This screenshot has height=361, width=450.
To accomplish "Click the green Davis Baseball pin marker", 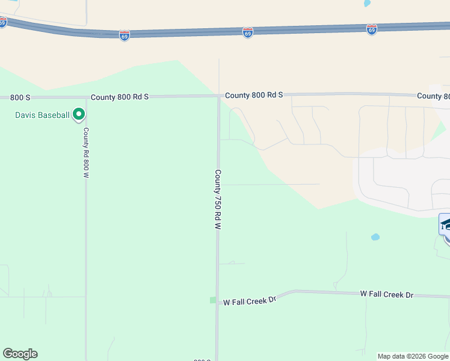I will (x=78, y=114).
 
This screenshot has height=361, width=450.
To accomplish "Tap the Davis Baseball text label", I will (x=42, y=115).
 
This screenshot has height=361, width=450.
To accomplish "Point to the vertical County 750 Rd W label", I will (x=218, y=199).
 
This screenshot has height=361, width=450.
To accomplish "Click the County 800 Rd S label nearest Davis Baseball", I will (x=120, y=96).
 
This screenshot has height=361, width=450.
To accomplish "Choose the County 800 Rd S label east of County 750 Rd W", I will (x=253, y=95).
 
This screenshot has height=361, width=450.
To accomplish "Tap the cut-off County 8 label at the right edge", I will (x=433, y=96).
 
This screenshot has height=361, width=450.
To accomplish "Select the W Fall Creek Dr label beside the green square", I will (x=249, y=299).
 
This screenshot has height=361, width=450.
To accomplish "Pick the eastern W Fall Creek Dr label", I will (x=387, y=294).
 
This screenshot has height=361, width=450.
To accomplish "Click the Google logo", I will (x=20, y=354).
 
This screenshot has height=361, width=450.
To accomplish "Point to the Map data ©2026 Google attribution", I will (x=413, y=356).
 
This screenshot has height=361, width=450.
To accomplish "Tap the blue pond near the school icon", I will (x=375, y=237).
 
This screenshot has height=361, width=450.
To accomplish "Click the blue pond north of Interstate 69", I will (x=367, y=3).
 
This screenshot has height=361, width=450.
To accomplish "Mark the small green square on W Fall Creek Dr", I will (x=212, y=300).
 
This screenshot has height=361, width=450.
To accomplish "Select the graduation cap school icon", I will (x=445, y=224).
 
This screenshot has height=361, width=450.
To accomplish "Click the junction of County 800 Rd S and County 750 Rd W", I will (x=218, y=96).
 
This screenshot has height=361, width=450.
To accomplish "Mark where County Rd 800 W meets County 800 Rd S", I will (x=85, y=97).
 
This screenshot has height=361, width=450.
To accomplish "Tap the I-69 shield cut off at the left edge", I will (x=2, y=22).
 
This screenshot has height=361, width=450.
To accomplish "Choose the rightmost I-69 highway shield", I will (x=371, y=29).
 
